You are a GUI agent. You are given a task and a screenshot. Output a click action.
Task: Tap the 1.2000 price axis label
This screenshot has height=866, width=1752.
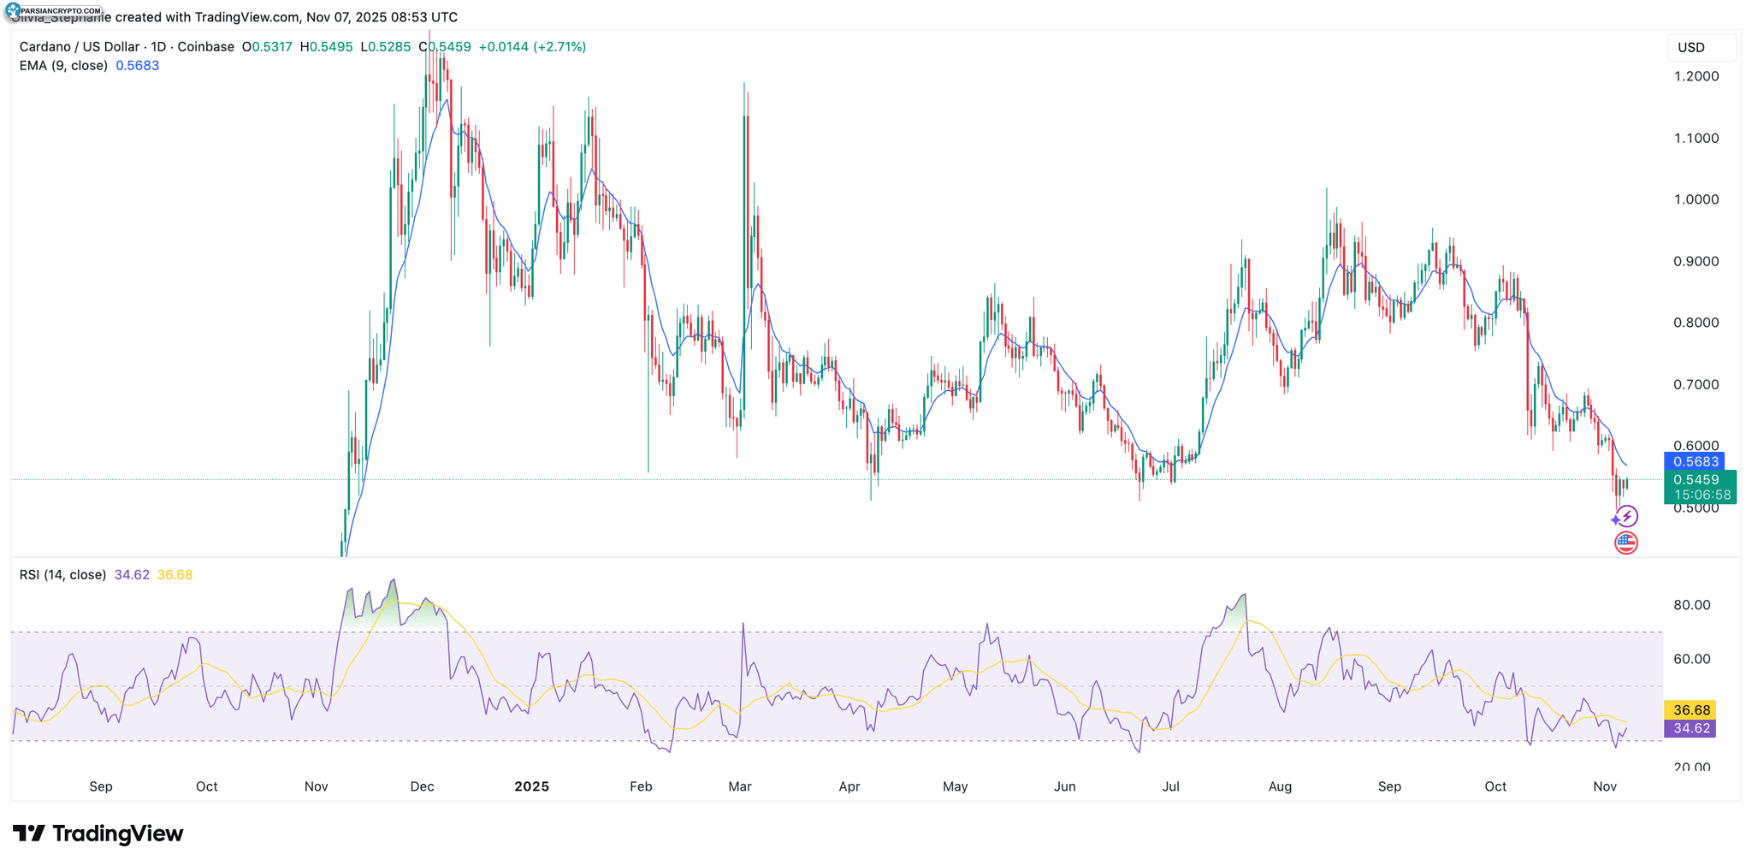tap(1696, 76)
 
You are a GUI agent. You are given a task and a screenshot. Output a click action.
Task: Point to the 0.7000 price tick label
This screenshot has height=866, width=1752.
tap(1696, 384)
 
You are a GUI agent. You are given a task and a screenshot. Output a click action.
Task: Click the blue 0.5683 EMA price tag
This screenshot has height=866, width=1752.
tap(1695, 462)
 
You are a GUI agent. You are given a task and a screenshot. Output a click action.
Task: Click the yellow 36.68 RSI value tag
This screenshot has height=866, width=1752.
tap(1691, 710)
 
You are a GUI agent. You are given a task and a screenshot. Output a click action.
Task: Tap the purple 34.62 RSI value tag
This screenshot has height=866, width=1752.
tap(1691, 728)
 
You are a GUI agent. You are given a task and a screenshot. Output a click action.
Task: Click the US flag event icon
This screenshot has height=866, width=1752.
tap(1625, 543)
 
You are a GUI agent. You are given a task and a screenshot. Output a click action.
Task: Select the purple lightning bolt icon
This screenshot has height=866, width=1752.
tap(1626, 516)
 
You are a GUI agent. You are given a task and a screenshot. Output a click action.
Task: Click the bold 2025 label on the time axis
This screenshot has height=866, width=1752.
tap(531, 786)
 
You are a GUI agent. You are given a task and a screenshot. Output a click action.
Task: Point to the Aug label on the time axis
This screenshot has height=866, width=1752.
tap(1280, 786)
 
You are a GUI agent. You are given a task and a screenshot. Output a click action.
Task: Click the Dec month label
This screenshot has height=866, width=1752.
tap(422, 786)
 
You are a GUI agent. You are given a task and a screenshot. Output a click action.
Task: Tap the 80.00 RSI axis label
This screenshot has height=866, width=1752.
tap(1691, 605)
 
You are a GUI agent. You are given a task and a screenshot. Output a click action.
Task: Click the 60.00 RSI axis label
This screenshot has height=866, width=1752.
tap(1691, 659)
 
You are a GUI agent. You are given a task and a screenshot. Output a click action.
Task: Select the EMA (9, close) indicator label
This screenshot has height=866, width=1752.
tap(63, 66)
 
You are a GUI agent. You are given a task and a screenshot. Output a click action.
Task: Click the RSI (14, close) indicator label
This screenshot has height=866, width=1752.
tap(62, 575)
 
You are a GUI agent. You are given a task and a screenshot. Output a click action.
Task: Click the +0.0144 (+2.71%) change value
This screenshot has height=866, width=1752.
tap(532, 47)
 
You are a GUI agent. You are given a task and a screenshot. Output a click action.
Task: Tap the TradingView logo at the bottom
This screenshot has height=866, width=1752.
tap(98, 833)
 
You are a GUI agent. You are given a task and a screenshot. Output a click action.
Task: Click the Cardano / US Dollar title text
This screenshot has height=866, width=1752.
tap(80, 47)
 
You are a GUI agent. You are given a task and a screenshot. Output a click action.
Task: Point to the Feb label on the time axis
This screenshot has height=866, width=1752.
tap(641, 786)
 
